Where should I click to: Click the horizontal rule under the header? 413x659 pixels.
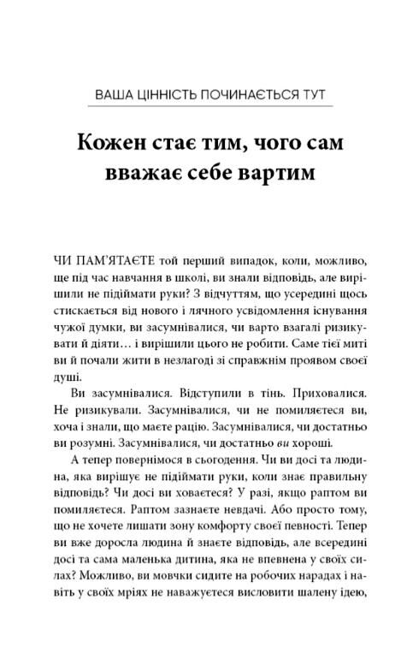[206, 106]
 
